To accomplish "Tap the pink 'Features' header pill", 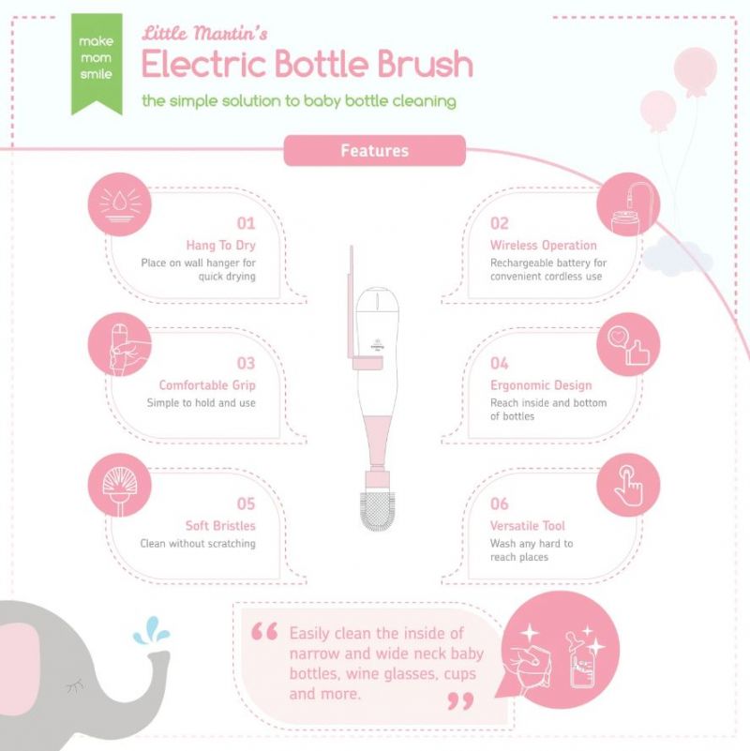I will coord(374,150).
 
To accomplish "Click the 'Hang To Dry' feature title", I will coord(221,246).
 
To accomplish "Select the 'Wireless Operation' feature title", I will coord(543,246).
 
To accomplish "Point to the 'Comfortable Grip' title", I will coord(207,385).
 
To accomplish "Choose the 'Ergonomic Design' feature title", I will coord(541,385).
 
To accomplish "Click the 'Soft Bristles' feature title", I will coord(220,526).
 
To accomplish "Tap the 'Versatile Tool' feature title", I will coord(527,526).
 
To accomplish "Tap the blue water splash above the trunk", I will coord(150,633).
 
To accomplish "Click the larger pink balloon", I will coord(696,71).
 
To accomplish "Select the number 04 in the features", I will coord(500,364).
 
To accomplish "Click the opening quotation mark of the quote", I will coord(264,632).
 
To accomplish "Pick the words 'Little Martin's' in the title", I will coord(204,33).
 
